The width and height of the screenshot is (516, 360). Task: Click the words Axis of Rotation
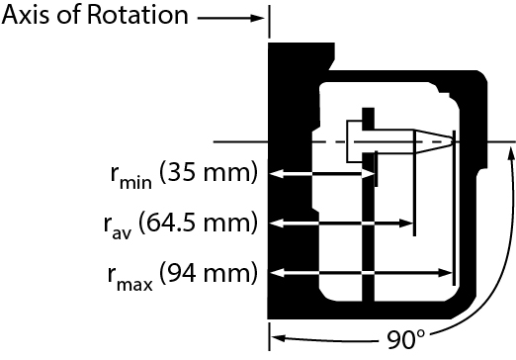click(x=95, y=16)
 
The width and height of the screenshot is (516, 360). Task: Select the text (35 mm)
click(x=206, y=174)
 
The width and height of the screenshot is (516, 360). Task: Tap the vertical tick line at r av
click(x=414, y=188)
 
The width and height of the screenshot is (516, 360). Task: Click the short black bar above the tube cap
click(x=367, y=117)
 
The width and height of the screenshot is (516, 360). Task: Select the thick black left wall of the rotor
click(x=286, y=198)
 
